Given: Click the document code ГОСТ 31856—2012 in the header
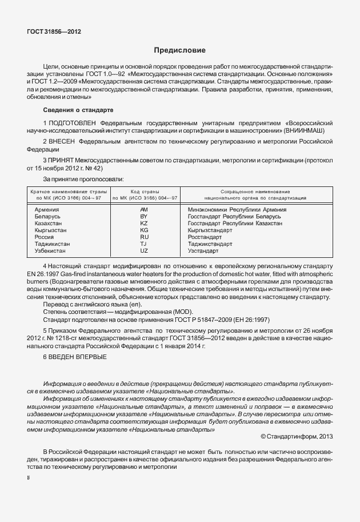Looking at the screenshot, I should pyautogui.click(x=54, y=32).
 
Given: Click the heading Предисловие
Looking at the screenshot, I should pyautogui.click(x=179, y=50).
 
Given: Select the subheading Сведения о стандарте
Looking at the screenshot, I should pyautogui.click(x=78, y=109).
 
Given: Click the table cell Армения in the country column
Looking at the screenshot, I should pyautogui.click(x=47, y=210).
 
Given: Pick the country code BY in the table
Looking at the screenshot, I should pyautogui.click(x=144, y=217).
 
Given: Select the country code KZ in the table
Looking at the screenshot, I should pyautogui.click(x=144, y=224).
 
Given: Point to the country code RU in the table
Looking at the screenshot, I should pyautogui.click(x=144, y=237).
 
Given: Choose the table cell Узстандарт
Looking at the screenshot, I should pyautogui.click(x=203, y=250).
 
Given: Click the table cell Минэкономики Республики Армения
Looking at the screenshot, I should pyautogui.click(x=237, y=210).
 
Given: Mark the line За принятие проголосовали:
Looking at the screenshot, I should pyautogui.click(x=83, y=179).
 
